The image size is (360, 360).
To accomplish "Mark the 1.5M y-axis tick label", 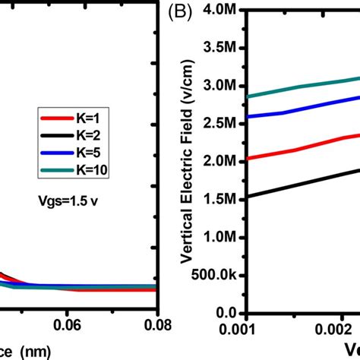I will (x=223, y=199).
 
